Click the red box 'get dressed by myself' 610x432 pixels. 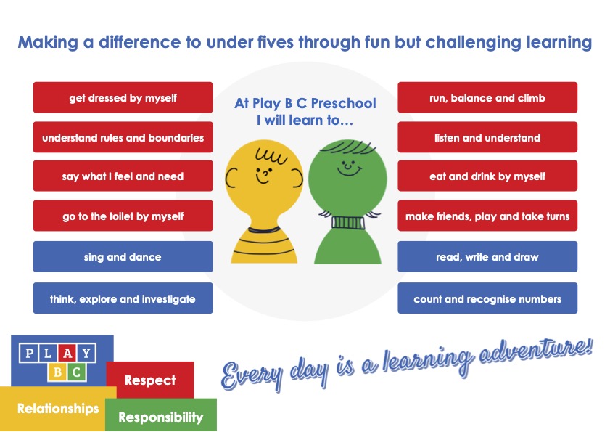pyautogui.click(x=123, y=97)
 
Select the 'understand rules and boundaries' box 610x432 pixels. pyautogui.click(x=123, y=137)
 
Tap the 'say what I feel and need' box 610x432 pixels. pyautogui.click(x=123, y=176)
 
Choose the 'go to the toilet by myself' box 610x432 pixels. pyautogui.click(x=123, y=216)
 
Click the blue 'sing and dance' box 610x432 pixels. pyautogui.click(x=123, y=257)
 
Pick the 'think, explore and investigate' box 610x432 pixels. pyautogui.click(x=123, y=298)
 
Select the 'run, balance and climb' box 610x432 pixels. pyautogui.click(x=487, y=97)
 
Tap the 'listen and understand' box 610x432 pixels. pyautogui.click(x=487, y=137)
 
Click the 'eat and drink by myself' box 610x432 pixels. pyautogui.click(x=487, y=176)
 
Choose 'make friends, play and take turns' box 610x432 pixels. pyautogui.click(x=487, y=216)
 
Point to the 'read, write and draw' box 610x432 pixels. pyautogui.click(x=487, y=257)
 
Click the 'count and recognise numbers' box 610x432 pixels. pyautogui.click(x=487, y=298)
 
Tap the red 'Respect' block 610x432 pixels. pyautogui.click(x=150, y=380)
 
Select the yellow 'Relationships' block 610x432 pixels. pyautogui.click(x=58, y=409)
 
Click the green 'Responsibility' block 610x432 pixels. pyautogui.click(x=161, y=417)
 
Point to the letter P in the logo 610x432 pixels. pyautogui.click(x=29, y=354)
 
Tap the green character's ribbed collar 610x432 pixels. pyautogui.click(x=348, y=223)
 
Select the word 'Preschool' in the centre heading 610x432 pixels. pyautogui.click(x=344, y=103)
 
